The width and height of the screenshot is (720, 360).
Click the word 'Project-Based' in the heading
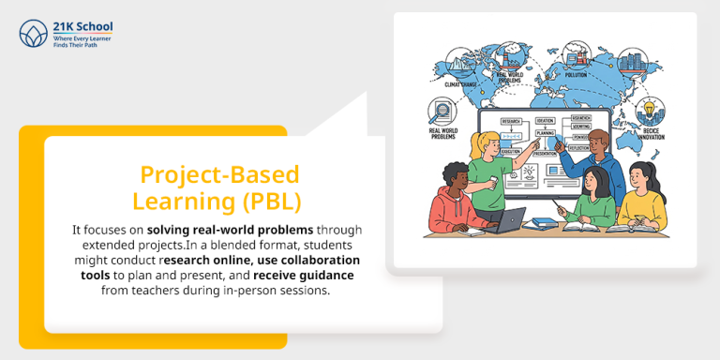click(x=219, y=174)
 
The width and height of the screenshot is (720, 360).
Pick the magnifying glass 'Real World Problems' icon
click(x=441, y=114)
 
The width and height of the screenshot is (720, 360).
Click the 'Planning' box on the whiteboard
click(x=545, y=134)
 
